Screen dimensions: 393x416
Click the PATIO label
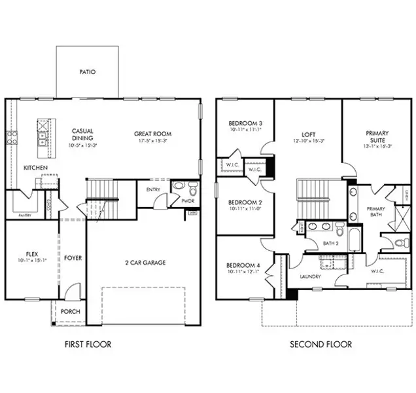click(x=87, y=72)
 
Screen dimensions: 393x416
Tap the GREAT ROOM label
click(x=152, y=132)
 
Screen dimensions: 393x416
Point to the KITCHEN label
click(x=35, y=168)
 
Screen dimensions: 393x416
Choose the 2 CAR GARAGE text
click(x=145, y=263)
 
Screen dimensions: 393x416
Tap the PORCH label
click(x=70, y=311)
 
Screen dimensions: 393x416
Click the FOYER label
click(x=73, y=258)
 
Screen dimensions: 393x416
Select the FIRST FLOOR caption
click(x=88, y=344)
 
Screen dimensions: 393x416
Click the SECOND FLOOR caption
click(x=321, y=344)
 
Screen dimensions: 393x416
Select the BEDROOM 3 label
click(x=245, y=124)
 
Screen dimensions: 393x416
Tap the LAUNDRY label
click(x=309, y=276)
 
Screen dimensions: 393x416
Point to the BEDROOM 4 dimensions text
click(x=245, y=271)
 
